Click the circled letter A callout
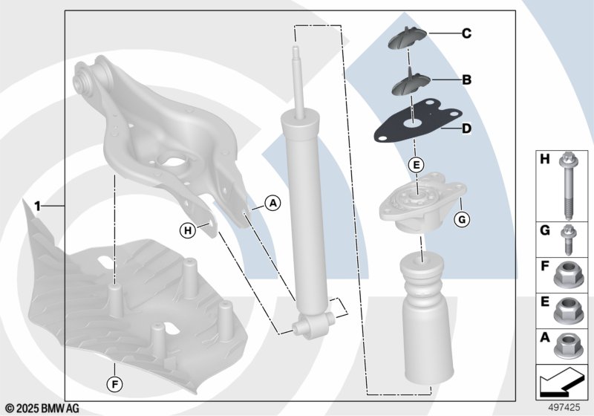click(272, 204)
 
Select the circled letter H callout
click(188, 230)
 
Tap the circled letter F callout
click(114, 385)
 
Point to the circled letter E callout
click(417, 165)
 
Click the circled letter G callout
click(462, 219)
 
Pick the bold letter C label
click(467, 33)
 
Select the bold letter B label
click(467, 79)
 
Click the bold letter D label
click(467, 129)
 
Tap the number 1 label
click(37, 207)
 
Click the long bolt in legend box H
click(567, 186)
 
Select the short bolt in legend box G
click(567, 240)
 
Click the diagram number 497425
click(564, 408)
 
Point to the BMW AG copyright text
click(43, 409)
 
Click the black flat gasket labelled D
click(418, 121)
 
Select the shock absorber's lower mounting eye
click(313, 325)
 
